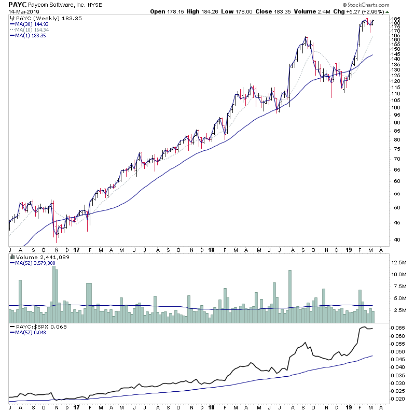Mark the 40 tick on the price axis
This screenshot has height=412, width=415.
(395, 240)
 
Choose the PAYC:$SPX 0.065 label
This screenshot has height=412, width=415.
(38, 327)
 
